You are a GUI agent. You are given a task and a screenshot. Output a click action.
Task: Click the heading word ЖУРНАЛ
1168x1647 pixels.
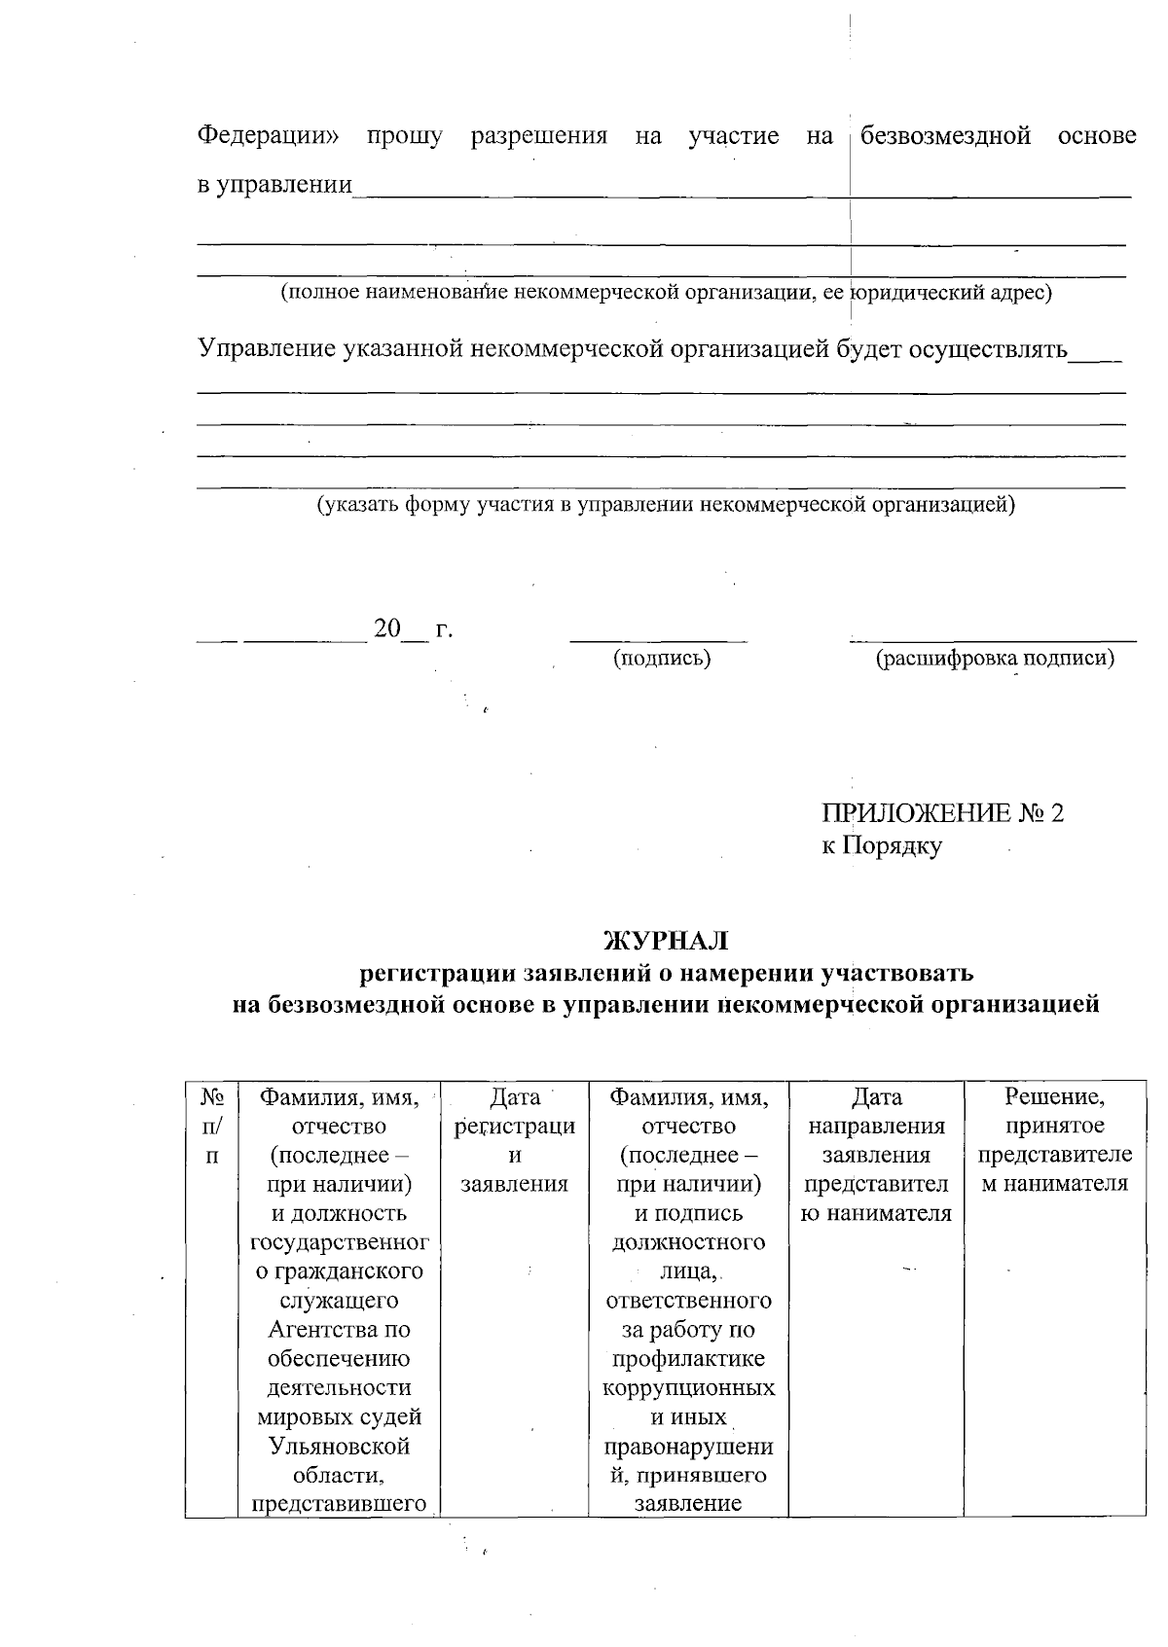pyautogui.click(x=666, y=941)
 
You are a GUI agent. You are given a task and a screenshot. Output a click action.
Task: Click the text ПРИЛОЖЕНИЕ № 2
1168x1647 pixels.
pyautogui.click(x=942, y=813)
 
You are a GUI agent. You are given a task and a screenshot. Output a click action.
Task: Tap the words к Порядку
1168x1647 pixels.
pyautogui.click(x=881, y=846)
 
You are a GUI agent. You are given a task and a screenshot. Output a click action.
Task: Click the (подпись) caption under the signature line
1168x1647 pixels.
pyautogui.click(x=661, y=659)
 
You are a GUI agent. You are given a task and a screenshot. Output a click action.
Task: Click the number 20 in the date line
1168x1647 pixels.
pyautogui.click(x=387, y=629)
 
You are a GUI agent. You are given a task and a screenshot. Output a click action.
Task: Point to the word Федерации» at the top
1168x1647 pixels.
pyautogui.click(x=269, y=136)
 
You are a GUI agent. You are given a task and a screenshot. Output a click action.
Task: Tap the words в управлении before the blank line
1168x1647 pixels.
pyautogui.click(x=274, y=185)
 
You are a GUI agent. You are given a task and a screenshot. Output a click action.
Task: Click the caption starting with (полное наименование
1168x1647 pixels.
pyautogui.click(x=666, y=292)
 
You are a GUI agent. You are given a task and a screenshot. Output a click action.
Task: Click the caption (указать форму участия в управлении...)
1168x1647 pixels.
pyautogui.click(x=666, y=505)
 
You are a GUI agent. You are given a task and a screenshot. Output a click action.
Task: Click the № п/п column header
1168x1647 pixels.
pyautogui.click(x=212, y=1127)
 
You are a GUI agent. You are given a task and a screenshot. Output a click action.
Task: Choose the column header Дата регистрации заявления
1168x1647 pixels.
pyautogui.click(x=514, y=1140)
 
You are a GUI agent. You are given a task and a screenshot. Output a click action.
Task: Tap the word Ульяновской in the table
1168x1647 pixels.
pyautogui.click(x=339, y=1446)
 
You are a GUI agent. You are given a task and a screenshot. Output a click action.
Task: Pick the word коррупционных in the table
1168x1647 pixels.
pyautogui.click(x=688, y=1387)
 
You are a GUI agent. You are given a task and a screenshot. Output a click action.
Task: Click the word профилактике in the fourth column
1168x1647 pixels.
pyautogui.click(x=688, y=1359)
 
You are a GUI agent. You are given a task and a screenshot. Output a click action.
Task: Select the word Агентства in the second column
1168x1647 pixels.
pyautogui.click(x=339, y=1330)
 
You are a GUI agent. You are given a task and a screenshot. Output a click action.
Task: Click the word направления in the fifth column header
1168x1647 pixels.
pyautogui.click(x=876, y=1127)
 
